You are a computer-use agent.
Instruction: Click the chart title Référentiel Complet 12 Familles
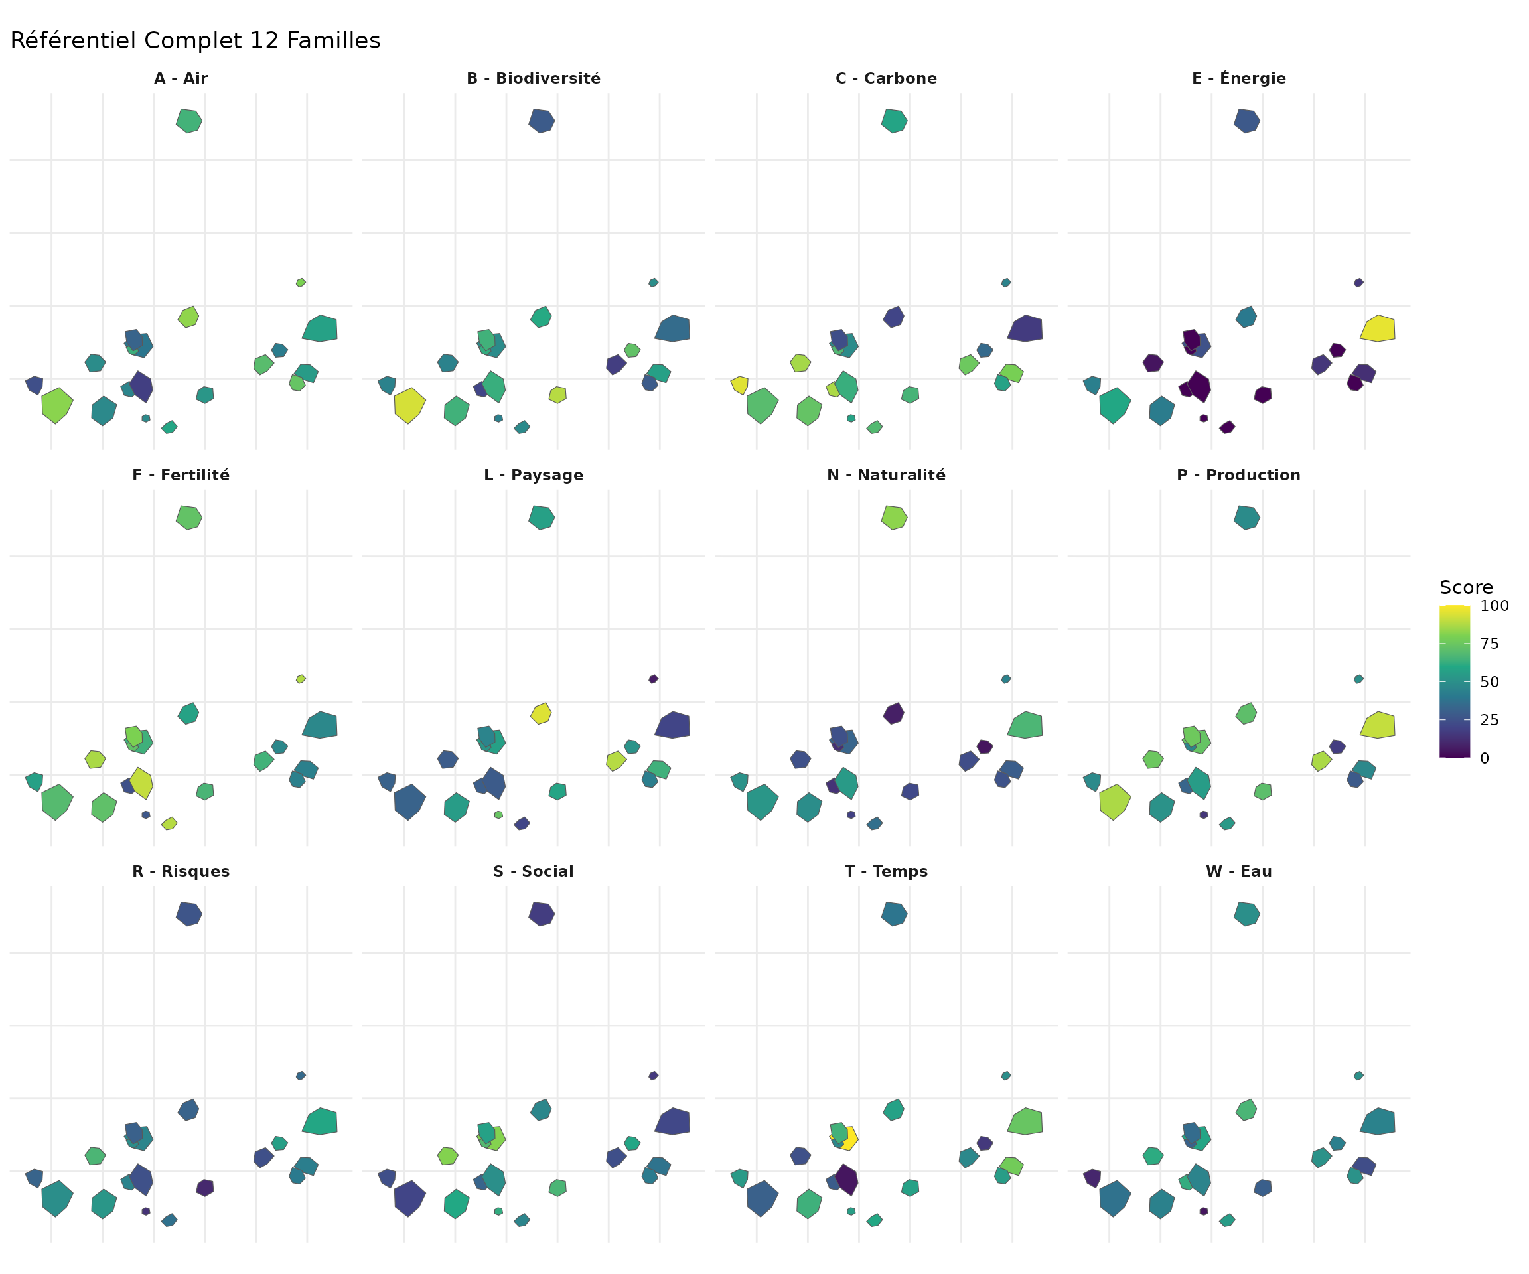pyautogui.click(x=195, y=40)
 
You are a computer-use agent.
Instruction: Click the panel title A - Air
pyautogui.click(x=181, y=78)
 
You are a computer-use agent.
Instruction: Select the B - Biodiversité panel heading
pyautogui.click(x=534, y=78)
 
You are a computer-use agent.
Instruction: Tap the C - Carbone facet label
pyautogui.click(x=886, y=78)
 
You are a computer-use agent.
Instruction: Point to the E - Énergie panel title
pyautogui.click(x=1238, y=78)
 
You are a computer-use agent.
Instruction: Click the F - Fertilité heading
pyautogui.click(x=181, y=475)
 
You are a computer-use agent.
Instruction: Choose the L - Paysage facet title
pyautogui.click(x=534, y=475)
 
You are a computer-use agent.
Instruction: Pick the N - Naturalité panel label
pyautogui.click(x=886, y=475)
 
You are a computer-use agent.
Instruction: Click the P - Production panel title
pyautogui.click(x=1238, y=475)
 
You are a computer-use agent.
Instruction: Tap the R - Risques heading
pyautogui.click(x=181, y=871)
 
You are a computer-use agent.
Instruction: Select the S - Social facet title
pyautogui.click(x=534, y=871)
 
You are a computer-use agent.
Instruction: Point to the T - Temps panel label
pyautogui.click(x=886, y=871)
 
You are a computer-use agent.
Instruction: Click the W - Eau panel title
pyautogui.click(x=1238, y=871)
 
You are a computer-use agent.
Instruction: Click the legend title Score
pyautogui.click(x=1466, y=587)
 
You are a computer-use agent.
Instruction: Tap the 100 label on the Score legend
pyautogui.click(x=1494, y=606)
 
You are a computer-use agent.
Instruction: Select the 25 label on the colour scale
pyautogui.click(x=1490, y=720)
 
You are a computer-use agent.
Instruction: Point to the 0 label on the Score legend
pyautogui.click(x=1485, y=758)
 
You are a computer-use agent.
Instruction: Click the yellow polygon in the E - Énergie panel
pyautogui.click(x=1378, y=329)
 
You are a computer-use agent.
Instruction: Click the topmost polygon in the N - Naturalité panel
pyautogui.click(x=894, y=518)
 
